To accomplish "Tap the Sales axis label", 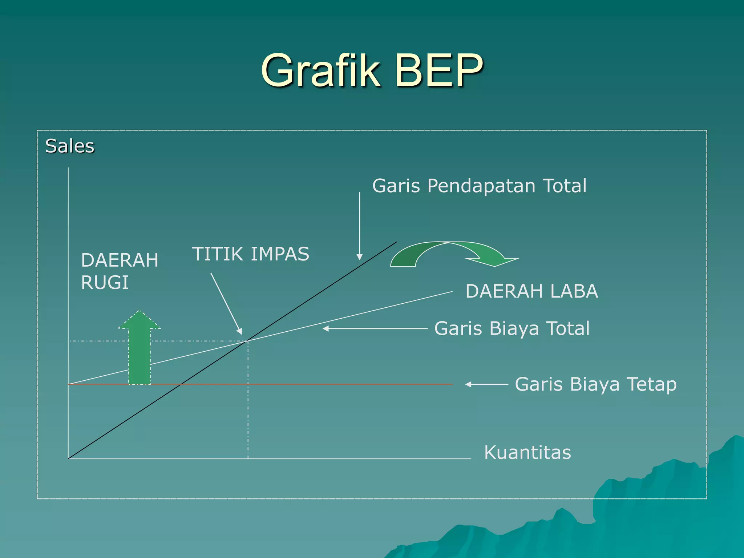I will click(x=69, y=146).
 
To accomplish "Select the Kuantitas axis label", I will click(x=527, y=452).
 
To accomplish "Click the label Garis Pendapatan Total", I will click(x=479, y=186).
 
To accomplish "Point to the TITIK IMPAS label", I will click(x=250, y=254).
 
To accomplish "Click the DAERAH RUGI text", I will click(x=120, y=271).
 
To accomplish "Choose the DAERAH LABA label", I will click(x=531, y=291).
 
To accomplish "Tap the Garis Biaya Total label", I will click(x=512, y=328).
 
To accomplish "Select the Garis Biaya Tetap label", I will click(x=596, y=384).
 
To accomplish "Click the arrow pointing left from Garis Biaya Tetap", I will click(x=486, y=384).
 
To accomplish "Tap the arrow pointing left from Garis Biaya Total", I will click(x=375, y=328).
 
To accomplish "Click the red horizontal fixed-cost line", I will click(x=327, y=384).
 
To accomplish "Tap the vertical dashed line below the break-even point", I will click(x=248, y=400).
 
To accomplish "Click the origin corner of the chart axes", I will click(x=68, y=458).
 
